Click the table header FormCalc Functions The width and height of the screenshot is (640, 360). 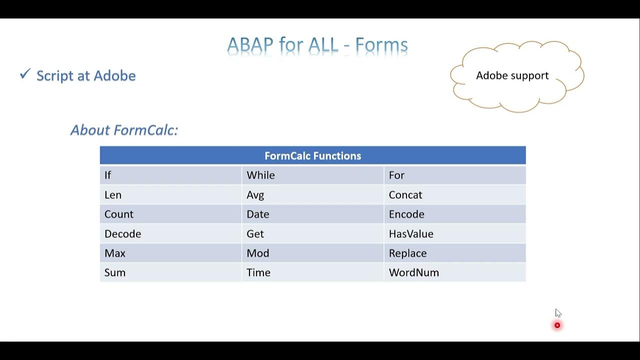click(312, 156)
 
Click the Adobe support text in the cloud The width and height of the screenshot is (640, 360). click(512, 75)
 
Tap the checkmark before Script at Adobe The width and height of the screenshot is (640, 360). click(25, 74)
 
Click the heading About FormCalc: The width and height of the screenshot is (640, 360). click(124, 130)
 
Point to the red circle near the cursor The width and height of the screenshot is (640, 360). click(557, 325)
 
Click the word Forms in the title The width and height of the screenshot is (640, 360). click(381, 45)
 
